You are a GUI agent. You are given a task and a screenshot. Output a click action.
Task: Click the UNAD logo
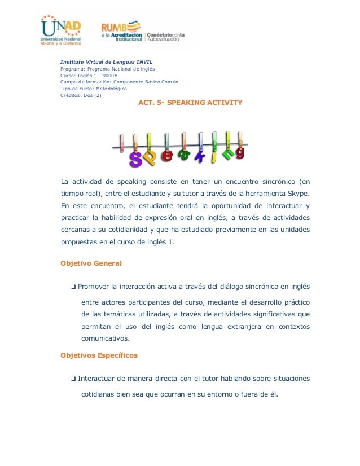pyautogui.click(x=60, y=30)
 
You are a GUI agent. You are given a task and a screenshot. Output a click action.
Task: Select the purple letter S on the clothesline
pyautogui.click(x=135, y=159)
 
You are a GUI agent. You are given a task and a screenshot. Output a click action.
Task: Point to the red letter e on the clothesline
pyautogui.click(x=167, y=155)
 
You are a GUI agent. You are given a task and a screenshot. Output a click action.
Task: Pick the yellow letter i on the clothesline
pyautogui.click(x=214, y=157)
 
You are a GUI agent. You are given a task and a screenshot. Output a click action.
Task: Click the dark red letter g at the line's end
pyautogui.click(x=241, y=153)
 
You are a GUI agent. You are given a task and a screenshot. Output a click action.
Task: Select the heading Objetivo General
pyautogui.click(x=91, y=263)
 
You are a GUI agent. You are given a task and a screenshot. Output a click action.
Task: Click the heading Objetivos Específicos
pyautogui.click(x=99, y=355)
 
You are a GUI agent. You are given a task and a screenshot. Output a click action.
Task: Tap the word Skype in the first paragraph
pyautogui.click(x=296, y=194)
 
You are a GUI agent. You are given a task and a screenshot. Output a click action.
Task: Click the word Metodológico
pyautogui.click(x=112, y=89)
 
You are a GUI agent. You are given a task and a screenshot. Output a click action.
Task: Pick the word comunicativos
pyautogui.click(x=106, y=339)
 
